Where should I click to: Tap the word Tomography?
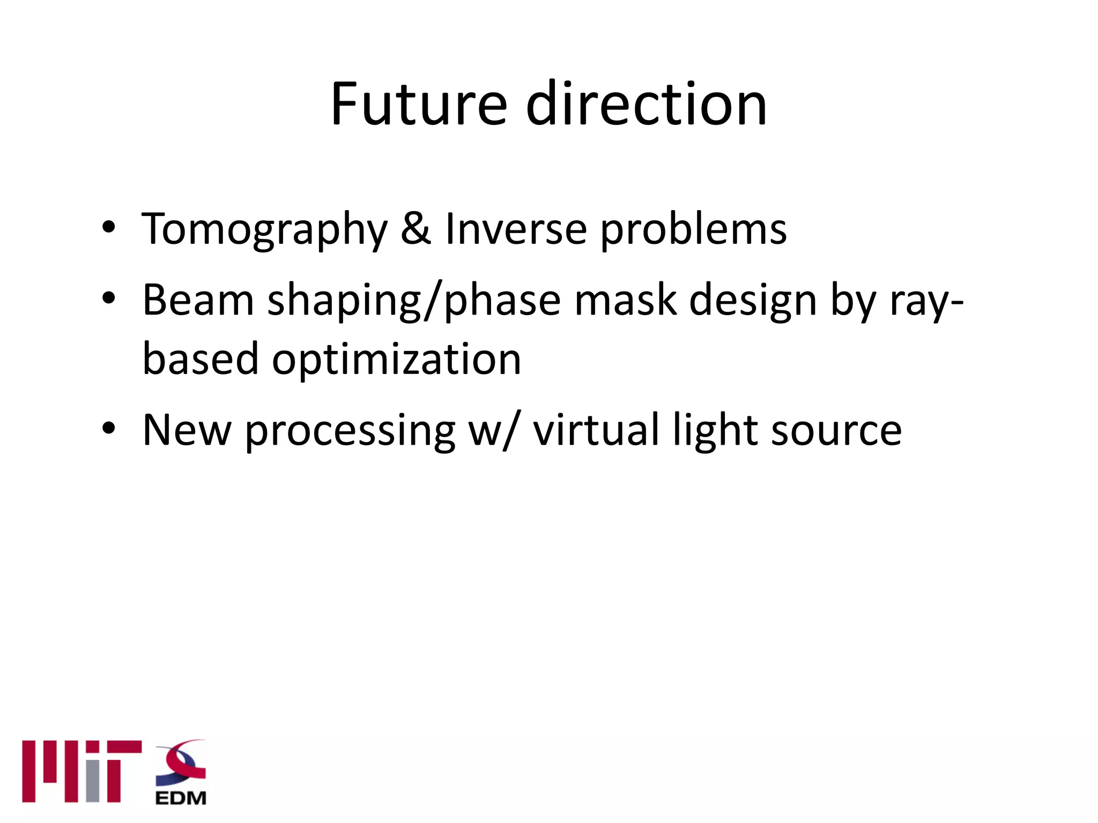[x=264, y=229]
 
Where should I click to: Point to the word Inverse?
[x=516, y=229]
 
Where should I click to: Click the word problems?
[x=693, y=229]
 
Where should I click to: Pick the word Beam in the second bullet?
[x=198, y=300]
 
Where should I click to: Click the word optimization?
[x=396, y=359]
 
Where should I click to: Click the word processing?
[x=350, y=432]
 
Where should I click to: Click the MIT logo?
[x=81, y=771]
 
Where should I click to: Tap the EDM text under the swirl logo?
[x=181, y=798]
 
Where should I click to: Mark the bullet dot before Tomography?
[x=109, y=227]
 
